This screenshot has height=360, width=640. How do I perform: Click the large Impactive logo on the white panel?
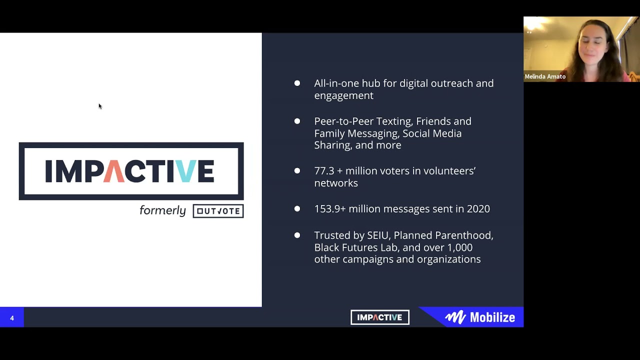[x=131, y=171]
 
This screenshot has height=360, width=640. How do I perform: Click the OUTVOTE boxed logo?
[x=218, y=211]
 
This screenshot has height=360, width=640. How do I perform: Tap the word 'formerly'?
[x=162, y=210]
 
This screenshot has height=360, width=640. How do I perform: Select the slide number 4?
[x=12, y=318]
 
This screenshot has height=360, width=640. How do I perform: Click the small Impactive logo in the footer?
[x=380, y=317]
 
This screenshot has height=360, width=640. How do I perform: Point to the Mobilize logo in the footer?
[x=480, y=317]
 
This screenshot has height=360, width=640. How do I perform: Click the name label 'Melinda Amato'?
[x=545, y=76]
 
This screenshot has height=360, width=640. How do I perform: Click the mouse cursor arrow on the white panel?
[x=100, y=106]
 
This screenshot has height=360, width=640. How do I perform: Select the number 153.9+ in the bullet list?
[x=329, y=209]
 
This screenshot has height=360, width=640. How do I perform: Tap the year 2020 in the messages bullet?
[x=478, y=209]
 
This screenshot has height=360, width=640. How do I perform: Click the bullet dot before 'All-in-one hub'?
[x=297, y=83]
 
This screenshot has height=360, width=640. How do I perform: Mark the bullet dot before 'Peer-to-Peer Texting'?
[x=297, y=121]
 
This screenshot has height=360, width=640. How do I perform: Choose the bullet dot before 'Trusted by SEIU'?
[x=297, y=235]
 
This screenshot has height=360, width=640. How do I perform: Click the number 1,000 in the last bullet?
[x=459, y=247]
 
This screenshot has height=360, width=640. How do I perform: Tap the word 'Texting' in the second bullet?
[x=392, y=121]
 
